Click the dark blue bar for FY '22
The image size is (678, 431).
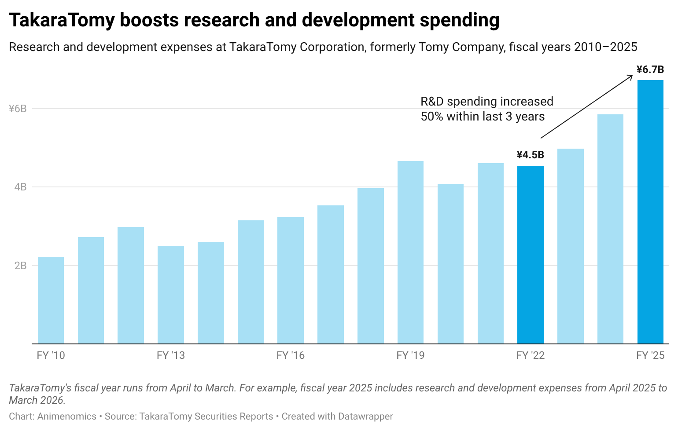click(530, 255)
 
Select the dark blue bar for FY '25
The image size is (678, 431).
click(650, 212)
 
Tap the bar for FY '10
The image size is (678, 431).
click(51, 301)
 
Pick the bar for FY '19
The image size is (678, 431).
click(410, 252)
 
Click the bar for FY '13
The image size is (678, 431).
click(171, 295)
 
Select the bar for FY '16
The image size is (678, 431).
click(291, 281)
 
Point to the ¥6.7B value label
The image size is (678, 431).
click(650, 69)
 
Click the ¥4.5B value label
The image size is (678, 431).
click(530, 155)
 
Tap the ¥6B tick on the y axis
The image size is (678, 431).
click(18, 109)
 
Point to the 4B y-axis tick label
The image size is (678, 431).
click(20, 187)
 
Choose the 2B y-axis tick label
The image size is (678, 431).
click(20, 266)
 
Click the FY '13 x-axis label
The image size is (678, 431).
click(171, 355)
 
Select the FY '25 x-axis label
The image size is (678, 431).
click(650, 355)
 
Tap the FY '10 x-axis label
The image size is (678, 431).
click(51, 355)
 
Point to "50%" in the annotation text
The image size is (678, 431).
click(432, 117)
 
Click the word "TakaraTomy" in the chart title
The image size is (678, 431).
click(62, 21)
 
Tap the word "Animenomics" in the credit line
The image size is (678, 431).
click(66, 416)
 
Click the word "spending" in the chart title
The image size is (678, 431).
click(460, 21)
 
